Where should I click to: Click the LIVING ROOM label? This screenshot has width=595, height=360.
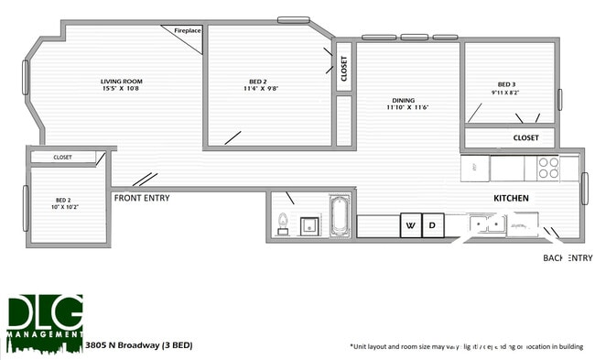point(121,82)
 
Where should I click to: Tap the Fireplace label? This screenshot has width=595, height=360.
point(187,31)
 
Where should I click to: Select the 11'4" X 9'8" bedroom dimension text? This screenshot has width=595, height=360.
point(261,90)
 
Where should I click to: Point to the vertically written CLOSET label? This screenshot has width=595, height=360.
point(344,70)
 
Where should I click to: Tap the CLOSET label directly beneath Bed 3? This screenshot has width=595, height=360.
point(525,138)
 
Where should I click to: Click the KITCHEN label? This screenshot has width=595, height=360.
point(511,198)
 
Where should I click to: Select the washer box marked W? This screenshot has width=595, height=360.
point(410,224)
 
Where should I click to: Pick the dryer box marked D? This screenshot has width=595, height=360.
point(433,224)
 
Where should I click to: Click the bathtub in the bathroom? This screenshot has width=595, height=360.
point(340,217)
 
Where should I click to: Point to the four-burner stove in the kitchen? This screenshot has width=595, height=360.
point(547,168)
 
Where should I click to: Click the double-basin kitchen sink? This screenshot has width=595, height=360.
point(484,224)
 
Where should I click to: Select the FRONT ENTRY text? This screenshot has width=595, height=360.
point(141,198)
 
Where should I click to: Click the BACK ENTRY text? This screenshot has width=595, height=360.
point(568,258)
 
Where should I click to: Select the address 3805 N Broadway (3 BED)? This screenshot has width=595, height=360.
point(137,347)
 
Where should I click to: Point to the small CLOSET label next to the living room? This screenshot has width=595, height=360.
point(62,157)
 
